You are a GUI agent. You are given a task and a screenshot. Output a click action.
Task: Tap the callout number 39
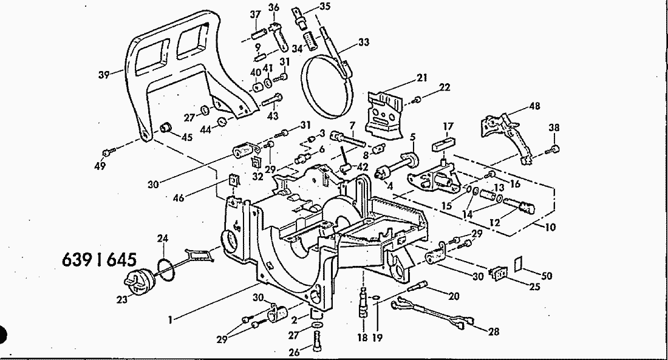coord(103,75)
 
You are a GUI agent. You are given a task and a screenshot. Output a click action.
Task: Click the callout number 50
coord(547,276)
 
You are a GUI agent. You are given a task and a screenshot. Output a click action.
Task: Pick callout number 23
coord(123,299)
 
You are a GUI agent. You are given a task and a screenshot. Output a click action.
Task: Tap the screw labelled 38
coord(554,148)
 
